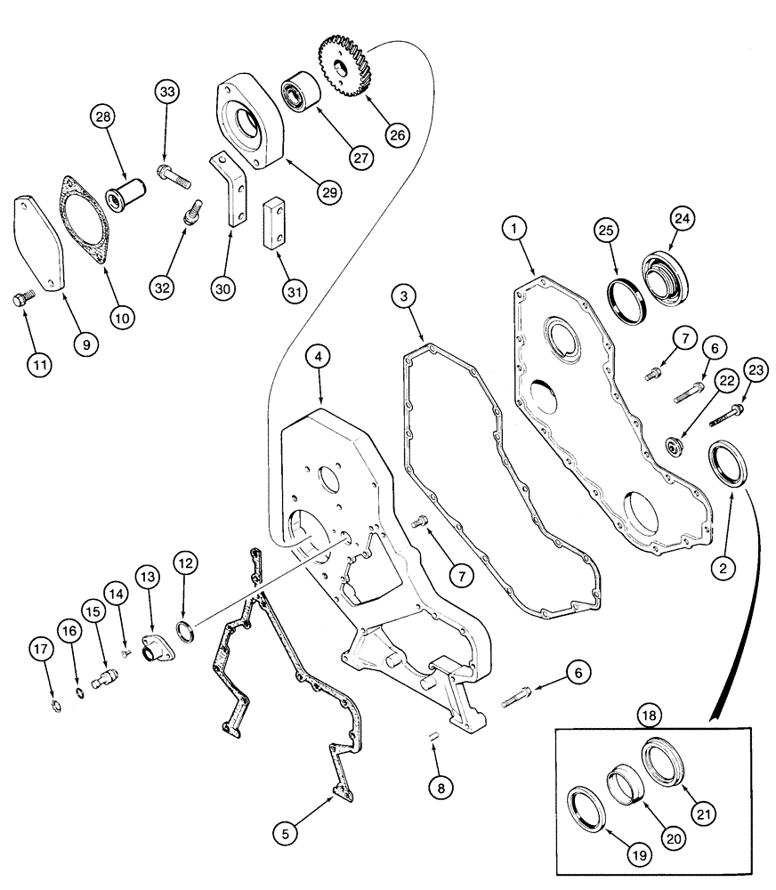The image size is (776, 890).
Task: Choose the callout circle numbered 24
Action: click(x=683, y=218)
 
